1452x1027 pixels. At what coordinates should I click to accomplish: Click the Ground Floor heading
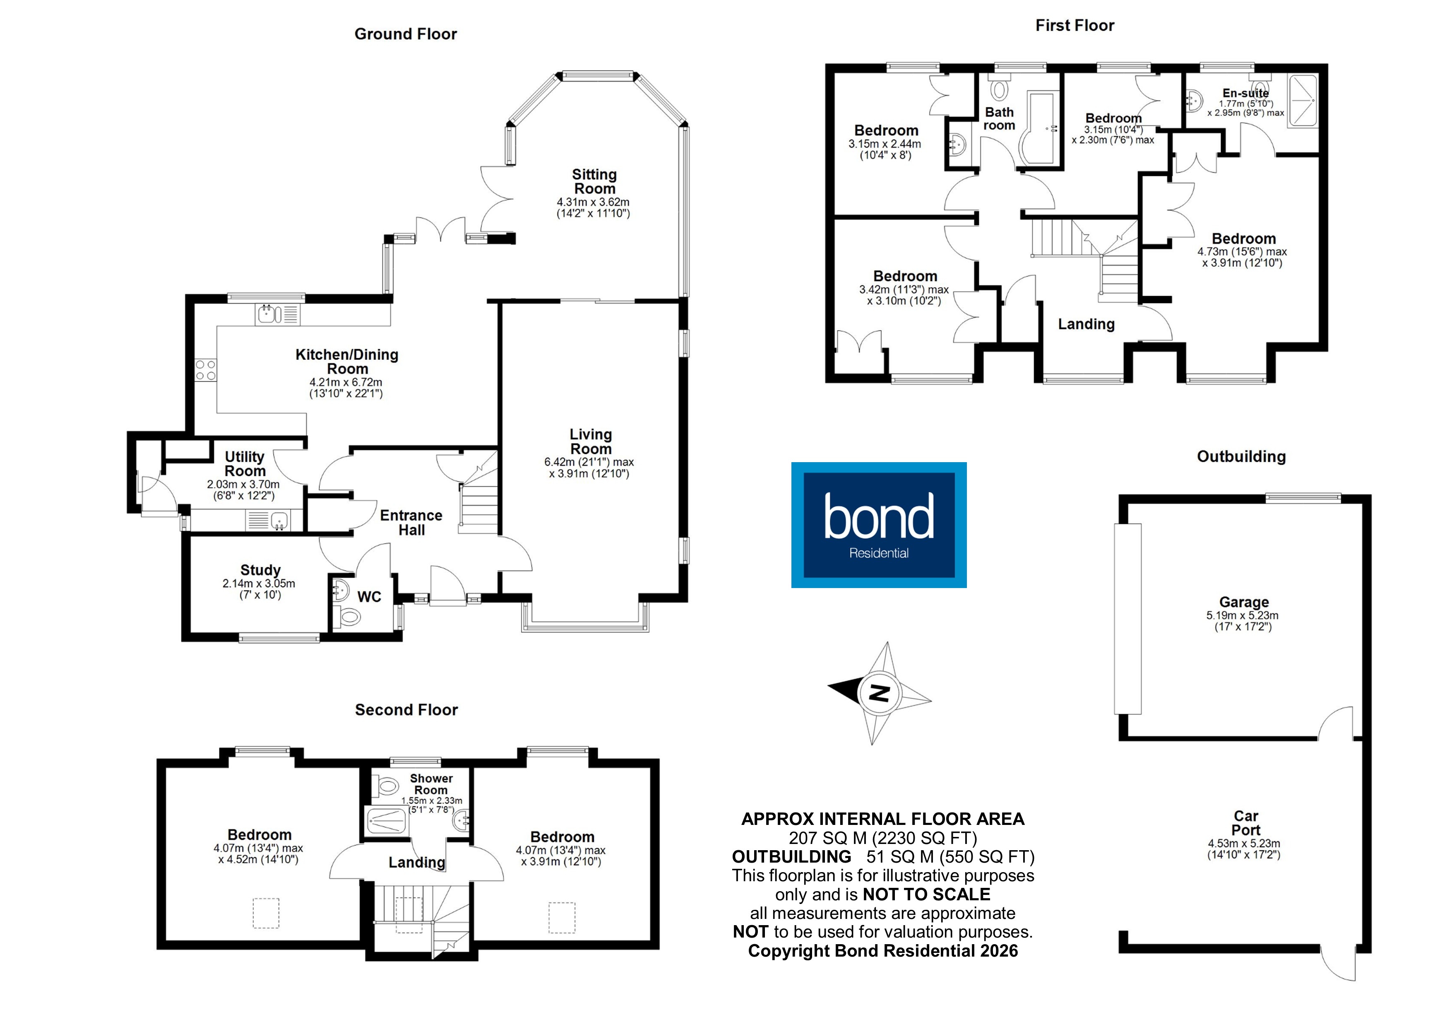pyautogui.click(x=405, y=34)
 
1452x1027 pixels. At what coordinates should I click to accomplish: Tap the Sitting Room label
pyautogui.click(x=594, y=182)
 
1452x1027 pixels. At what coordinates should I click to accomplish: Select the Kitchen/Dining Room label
pyautogui.click(x=346, y=362)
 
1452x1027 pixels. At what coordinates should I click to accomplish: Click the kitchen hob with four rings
pyautogui.click(x=206, y=370)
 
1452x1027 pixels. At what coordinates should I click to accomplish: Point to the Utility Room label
pyautogui.click(x=245, y=464)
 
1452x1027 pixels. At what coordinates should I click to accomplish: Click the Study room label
pyautogui.click(x=260, y=570)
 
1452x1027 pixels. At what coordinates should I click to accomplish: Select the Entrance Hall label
pyautogui.click(x=411, y=523)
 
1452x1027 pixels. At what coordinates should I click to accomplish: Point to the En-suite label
pyautogui.click(x=1245, y=93)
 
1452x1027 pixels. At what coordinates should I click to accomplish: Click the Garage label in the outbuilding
pyautogui.click(x=1243, y=602)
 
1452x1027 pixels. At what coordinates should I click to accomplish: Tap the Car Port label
pyautogui.click(x=1245, y=822)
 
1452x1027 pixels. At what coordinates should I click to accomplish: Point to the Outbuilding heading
pyautogui.click(x=1241, y=457)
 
